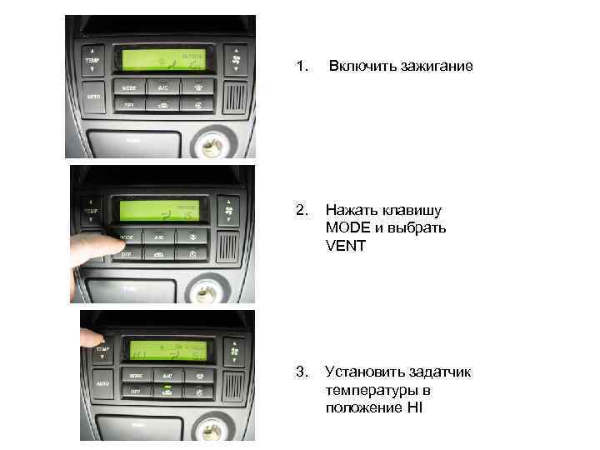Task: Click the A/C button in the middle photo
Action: tap(158, 237)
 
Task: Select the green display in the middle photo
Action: tap(157, 212)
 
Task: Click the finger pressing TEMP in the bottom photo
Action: tap(89, 337)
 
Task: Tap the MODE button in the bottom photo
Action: tap(134, 377)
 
